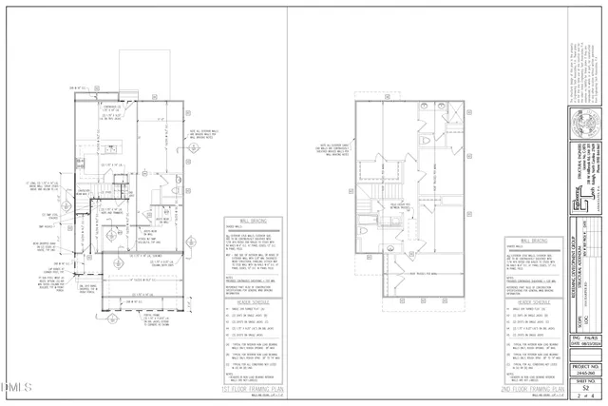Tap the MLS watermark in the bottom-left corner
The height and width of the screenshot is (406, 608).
pos(17,388)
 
